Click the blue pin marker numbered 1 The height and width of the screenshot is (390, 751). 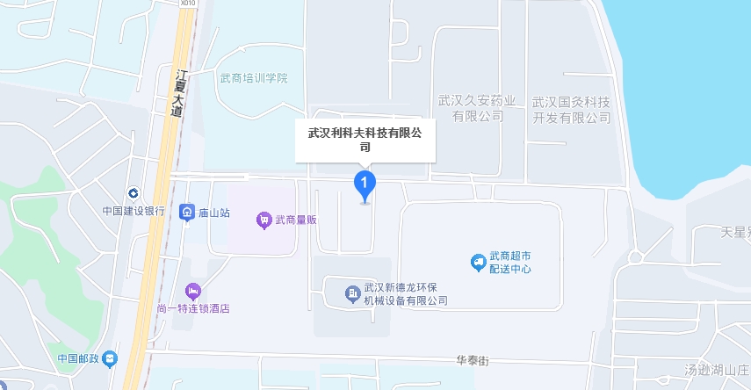365,184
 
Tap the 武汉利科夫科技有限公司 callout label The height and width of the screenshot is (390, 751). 365,140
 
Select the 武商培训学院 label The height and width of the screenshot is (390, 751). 254,78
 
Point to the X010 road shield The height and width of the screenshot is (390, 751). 185,4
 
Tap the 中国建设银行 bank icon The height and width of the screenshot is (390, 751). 133,193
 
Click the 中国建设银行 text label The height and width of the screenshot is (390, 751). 133,211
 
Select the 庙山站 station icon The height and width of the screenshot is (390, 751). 186,213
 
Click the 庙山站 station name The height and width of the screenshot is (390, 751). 214,213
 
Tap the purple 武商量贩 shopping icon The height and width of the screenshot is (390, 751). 263,220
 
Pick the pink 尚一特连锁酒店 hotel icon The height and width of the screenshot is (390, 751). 192,291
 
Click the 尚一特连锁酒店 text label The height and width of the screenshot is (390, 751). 193,308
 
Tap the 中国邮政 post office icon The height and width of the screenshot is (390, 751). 109,358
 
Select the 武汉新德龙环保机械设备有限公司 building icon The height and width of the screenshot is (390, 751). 351,292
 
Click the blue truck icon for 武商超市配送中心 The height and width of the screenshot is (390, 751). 478,262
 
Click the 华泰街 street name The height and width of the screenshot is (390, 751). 472,360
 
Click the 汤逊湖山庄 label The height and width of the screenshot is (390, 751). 717,370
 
